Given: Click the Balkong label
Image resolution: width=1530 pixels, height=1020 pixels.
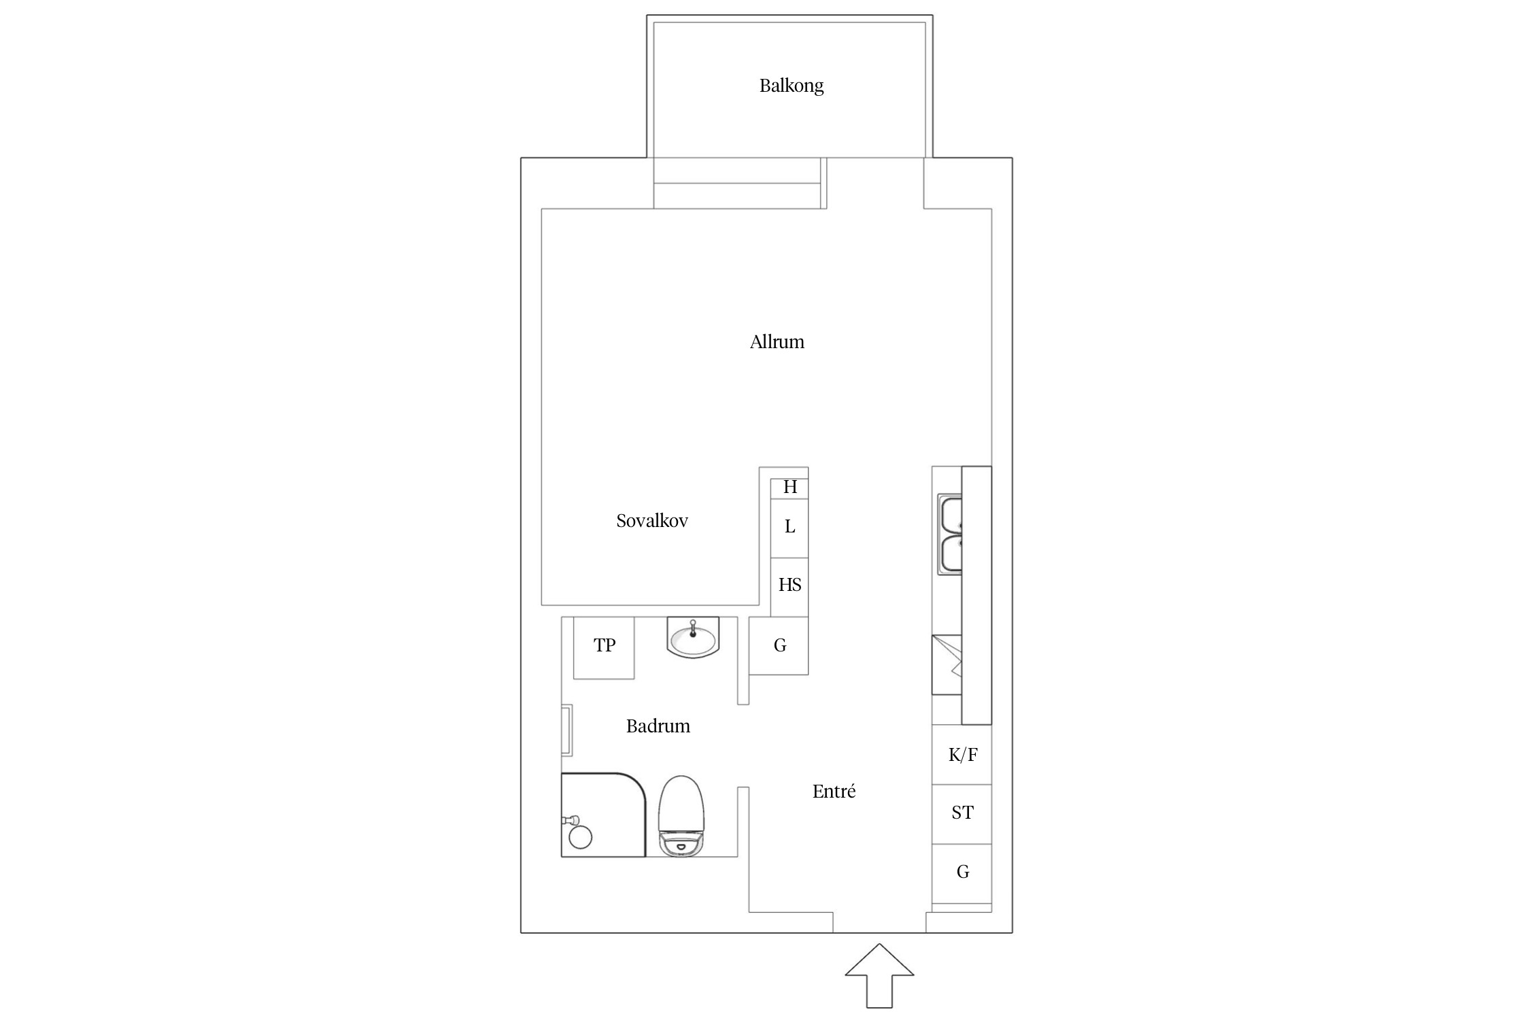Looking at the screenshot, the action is point(792,86).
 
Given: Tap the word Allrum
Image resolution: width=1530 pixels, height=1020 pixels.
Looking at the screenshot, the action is point(777,341).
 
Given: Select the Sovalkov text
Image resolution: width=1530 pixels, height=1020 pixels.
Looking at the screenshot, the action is point(652,521).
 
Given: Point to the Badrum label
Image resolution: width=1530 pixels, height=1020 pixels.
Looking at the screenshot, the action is point(658,726).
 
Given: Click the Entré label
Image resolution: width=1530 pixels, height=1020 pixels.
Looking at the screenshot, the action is point(834,791).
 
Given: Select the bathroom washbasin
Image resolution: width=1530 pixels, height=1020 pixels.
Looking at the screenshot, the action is point(693,638).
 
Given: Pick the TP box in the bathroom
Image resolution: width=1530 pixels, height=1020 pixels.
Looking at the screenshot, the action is point(604,647).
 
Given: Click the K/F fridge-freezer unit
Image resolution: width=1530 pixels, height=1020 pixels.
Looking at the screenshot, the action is point(962,755).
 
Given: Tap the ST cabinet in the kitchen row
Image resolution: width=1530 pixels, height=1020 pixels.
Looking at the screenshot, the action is point(962,814).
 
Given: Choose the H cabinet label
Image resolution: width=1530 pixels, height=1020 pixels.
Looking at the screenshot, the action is point(790,487).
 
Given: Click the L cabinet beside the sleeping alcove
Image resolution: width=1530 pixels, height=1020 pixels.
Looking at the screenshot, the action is point(789,528).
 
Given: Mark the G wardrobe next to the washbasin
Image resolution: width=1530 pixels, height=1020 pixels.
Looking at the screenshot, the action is point(779,646).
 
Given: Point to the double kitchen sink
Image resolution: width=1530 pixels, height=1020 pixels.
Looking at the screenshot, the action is point(950,535).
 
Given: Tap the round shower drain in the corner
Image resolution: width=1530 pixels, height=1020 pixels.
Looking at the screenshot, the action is point(580,837).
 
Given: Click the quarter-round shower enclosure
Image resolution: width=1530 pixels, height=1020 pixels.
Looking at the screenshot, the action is point(603,815).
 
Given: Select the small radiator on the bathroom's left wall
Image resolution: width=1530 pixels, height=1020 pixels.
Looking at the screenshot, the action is point(566,731).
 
